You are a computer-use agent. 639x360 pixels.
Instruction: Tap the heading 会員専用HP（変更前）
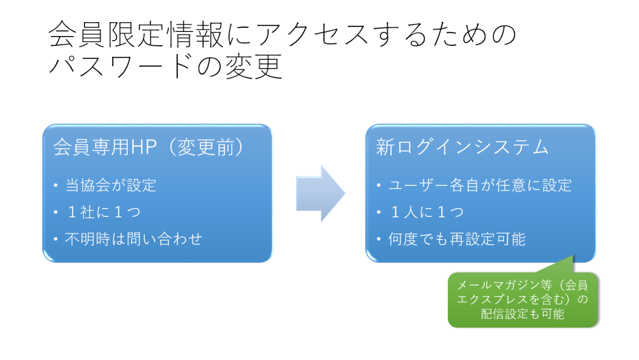pyautogui.click(x=148, y=147)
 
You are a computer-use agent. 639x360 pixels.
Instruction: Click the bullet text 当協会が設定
pyautogui.click(x=111, y=185)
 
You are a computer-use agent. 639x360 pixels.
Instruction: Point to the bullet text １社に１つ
pyautogui.click(x=103, y=212)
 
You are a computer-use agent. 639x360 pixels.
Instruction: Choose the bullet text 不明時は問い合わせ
pyautogui.click(x=133, y=239)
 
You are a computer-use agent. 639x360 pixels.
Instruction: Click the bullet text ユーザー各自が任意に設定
pyautogui.click(x=480, y=185)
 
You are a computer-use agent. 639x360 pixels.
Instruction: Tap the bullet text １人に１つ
pyautogui.click(x=426, y=212)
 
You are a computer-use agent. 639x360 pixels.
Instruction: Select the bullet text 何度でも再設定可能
pyautogui.click(x=457, y=239)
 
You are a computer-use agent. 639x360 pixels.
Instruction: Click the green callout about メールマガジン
pyautogui.click(x=523, y=300)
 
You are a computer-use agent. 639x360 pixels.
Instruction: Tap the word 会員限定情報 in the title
pyautogui.click(x=136, y=34)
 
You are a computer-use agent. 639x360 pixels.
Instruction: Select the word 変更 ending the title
pyautogui.click(x=254, y=66)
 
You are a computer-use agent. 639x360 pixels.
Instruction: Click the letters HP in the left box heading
pyautogui.click(x=144, y=147)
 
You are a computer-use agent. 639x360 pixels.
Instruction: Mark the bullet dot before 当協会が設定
pyautogui.click(x=56, y=185)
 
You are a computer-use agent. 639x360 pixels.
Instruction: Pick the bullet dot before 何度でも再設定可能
pyautogui.click(x=379, y=239)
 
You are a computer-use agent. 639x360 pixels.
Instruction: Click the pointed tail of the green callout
pyautogui.click(x=573, y=256)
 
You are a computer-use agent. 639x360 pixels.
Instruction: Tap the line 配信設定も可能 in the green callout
pyautogui.click(x=523, y=314)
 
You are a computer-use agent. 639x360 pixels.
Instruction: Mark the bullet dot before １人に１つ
pyautogui.click(x=379, y=212)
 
